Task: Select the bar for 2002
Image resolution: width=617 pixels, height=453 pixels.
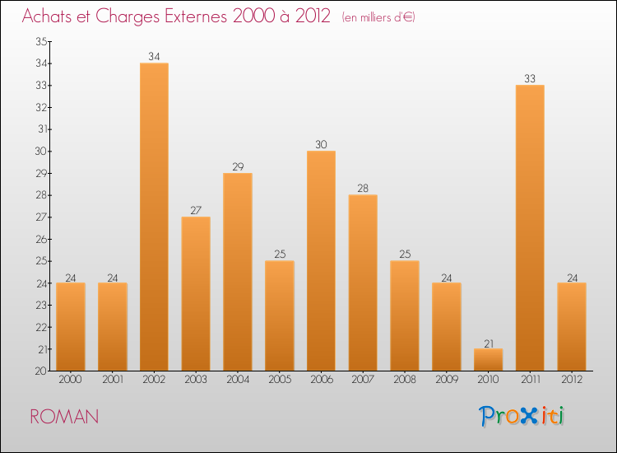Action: [x=154, y=217]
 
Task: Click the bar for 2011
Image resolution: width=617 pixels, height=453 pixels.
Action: [x=530, y=227]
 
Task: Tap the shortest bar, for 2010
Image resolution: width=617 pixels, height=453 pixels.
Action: [x=488, y=359]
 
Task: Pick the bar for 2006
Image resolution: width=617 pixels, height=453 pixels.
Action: [x=321, y=260]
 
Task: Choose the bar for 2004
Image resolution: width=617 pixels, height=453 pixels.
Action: [x=238, y=272]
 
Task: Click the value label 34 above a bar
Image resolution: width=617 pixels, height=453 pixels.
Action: [x=154, y=57]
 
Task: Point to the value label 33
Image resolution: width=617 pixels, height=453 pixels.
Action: [x=530, y=79]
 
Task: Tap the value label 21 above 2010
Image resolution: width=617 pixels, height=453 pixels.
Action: [x=488, y=343]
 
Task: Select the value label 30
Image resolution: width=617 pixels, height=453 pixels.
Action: [x=321, y=145]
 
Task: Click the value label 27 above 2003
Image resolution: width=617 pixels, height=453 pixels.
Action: [x=196, y=211]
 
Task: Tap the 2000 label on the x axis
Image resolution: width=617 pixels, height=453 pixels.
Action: [x=71, y=381]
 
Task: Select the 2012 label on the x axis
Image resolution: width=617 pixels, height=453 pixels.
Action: [x=572, y=381]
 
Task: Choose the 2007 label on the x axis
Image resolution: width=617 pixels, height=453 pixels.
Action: [x=363, y=381]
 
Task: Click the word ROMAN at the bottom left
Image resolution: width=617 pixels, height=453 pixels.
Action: [x=64, y=417]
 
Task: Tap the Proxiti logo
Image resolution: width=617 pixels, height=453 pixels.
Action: [x=522, y=416]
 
